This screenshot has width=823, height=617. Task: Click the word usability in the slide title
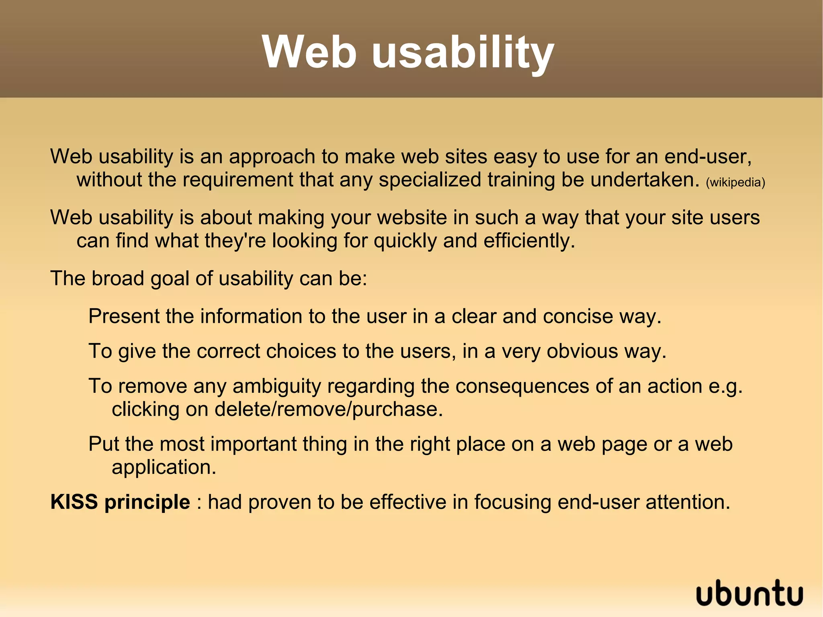(463, 52)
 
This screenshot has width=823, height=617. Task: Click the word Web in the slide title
(309, 52)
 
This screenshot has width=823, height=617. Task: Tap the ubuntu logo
(749, 593)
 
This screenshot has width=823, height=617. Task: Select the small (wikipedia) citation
(735, 182)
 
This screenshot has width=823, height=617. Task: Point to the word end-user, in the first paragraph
(708, 156)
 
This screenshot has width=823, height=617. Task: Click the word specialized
(430, 179)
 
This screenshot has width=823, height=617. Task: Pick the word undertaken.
(645, 179)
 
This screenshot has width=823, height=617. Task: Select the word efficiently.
(529, 240)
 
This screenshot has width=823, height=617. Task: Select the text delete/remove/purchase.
(328, 409)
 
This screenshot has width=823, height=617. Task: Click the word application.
(164, 467)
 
